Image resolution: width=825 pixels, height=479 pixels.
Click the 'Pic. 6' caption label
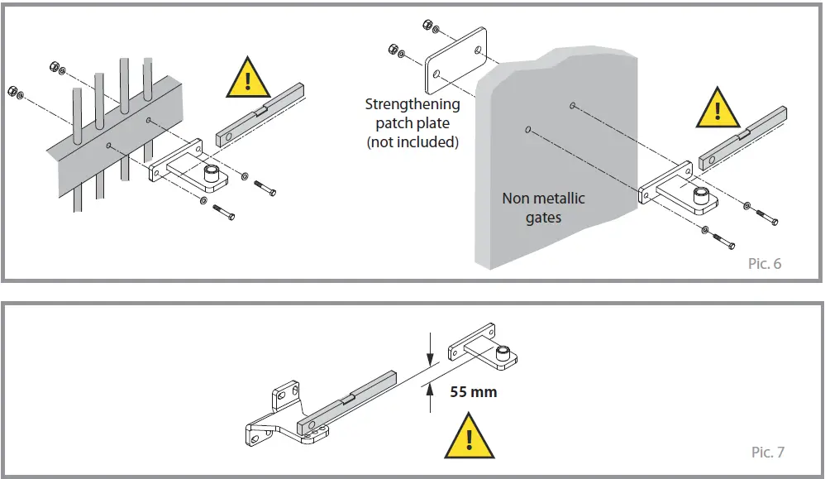point(765,264)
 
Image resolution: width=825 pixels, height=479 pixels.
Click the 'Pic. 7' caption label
point(767,452)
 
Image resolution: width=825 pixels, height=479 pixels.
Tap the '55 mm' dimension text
point(473,391)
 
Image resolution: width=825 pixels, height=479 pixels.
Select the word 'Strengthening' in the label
point(412,105)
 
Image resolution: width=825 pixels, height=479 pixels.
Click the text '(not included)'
point(412,141)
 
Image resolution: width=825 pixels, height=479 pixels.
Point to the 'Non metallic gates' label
point(543,208)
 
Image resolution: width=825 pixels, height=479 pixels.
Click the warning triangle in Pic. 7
point(469,438)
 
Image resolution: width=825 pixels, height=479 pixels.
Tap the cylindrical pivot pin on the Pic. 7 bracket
point(502,355)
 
